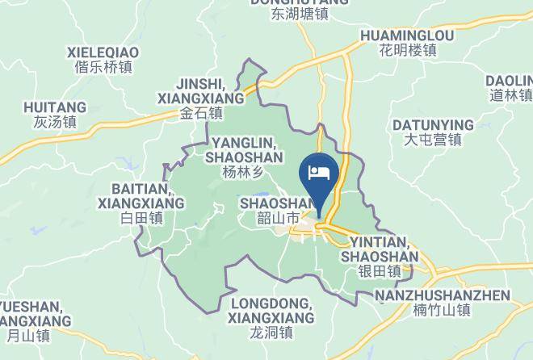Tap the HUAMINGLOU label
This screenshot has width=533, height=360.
tap(407, 36)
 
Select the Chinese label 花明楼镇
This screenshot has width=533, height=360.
tap(407, 50)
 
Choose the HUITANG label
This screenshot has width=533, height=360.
tap(55, 107)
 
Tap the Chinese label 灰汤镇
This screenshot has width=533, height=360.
tap(55, 123)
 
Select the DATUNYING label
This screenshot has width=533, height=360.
tap(433, 124)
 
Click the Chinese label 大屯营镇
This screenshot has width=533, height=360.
tap(433, 140)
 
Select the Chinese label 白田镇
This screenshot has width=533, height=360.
tap(141, 218)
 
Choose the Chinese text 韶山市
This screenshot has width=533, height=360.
tap(278, 218)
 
